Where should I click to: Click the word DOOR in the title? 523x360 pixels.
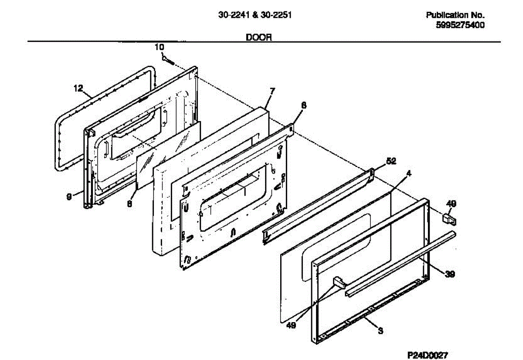[x=259, y=37]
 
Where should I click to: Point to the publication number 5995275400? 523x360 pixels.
[x=460, y=25]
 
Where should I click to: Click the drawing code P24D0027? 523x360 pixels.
[x=428, y=355]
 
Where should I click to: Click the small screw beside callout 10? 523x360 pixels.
[x=168, y=60]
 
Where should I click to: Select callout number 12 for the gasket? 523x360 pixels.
[x=78, y=88]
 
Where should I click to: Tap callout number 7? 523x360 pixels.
[x=272, y=91]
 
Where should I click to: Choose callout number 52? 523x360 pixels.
[x=391, y=161]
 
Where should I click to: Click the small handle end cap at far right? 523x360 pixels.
[x=449, y=217]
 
